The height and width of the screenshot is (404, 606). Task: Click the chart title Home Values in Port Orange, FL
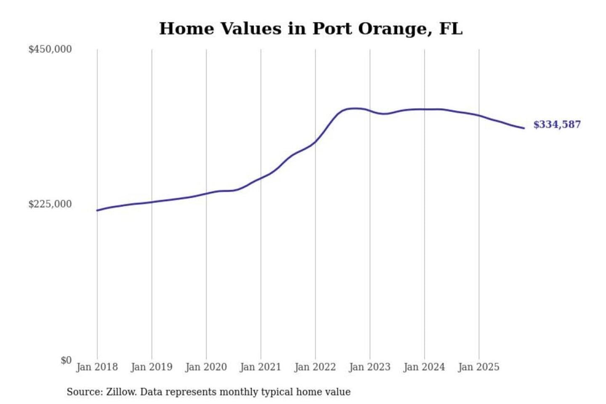click(x=311, y=29)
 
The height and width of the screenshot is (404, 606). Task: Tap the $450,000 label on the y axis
click(x=50, y=49)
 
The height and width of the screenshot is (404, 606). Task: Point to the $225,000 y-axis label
click(x=50, y=204)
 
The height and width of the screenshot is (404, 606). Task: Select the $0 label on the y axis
click(x=66, y=360)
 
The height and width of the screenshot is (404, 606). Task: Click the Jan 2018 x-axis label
click(x=97, y=367)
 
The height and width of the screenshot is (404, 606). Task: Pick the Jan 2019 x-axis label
click(x=151, y=367)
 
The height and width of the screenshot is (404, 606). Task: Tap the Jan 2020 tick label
click(x=206, y=367)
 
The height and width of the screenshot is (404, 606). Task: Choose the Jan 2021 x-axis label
click(x=260, y=367)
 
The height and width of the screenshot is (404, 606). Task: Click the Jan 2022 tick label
click(x=315, y=367)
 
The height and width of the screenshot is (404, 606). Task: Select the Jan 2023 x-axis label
click(x=369, y=367)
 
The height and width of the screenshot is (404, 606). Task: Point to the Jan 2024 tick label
click(x=424, y=367)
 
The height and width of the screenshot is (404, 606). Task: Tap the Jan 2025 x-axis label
click(x=478, y=367)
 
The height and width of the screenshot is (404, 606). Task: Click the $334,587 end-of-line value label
click(x=557, y=125)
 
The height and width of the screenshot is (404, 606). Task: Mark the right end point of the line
click(x=524, y=128)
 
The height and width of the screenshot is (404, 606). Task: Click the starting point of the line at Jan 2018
click(x=97, y=210)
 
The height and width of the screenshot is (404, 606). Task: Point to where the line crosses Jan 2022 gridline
click(x=315, y=142)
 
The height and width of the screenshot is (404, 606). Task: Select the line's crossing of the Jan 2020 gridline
click(x=206, y=194)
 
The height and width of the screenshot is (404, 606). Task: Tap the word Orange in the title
click(x=395, y=29)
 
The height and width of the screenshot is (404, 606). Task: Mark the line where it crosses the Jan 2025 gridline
click(x=479, y=115)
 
